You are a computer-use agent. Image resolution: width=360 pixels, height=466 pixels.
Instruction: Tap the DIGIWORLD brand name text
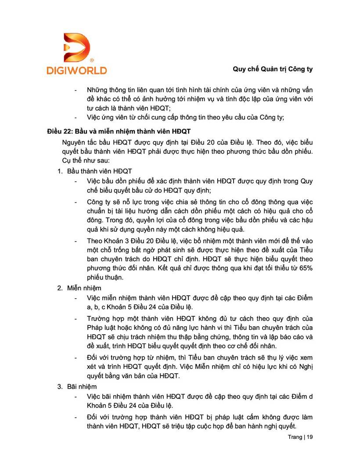pos(76,70)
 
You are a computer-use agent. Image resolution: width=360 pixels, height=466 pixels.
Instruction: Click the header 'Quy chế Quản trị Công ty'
pos(273,69)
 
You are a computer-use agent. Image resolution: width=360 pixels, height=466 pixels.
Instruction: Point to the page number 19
pos(310,437)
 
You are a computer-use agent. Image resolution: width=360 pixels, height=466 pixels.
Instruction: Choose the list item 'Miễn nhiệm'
pos(84,288)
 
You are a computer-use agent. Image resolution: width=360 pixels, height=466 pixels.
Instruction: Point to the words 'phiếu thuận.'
pos(104,277)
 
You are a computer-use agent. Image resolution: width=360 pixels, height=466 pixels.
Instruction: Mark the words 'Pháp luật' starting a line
pos(100,327)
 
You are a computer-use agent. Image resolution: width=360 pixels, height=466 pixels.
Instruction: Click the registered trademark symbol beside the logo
pos(91,60)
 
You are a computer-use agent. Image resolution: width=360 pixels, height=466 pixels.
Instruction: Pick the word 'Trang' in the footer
pos(295,437)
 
